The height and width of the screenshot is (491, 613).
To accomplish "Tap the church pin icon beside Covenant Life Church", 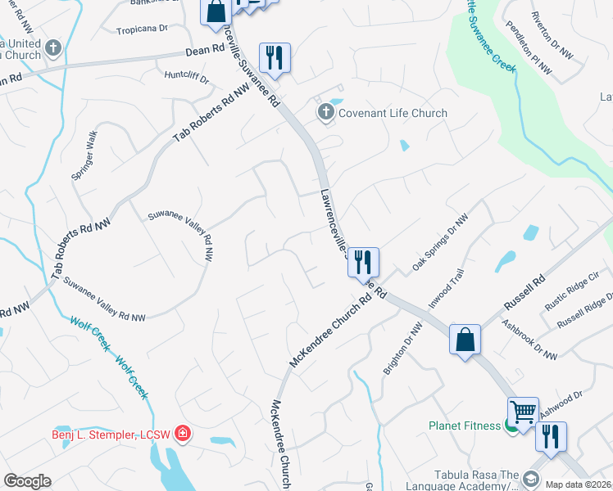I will (326, 112).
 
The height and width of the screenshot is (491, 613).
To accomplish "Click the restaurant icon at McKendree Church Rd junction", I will (362, 262).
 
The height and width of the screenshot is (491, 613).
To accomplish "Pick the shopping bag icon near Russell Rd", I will (465, 339).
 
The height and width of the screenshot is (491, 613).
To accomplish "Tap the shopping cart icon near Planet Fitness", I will (524, 411).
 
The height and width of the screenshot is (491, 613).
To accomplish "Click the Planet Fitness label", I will (464, 426).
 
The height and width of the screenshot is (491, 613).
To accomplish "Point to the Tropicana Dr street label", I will (142, 27).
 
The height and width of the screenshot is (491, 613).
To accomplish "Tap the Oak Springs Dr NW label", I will (440, 242).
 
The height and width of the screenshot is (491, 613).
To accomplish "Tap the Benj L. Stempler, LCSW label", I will (110, 434).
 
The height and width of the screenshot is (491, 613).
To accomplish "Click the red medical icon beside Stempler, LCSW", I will (182, 433).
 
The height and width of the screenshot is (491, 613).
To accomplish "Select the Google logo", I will (27, 480).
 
